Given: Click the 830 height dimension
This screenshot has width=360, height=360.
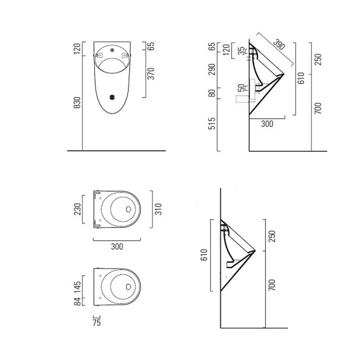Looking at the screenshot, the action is click(78, 103).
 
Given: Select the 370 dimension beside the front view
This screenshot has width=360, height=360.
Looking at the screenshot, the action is click(151, 74).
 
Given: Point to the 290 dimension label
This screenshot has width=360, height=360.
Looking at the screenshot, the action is click(212, 69).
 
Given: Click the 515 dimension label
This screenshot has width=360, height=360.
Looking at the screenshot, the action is click(212, 124).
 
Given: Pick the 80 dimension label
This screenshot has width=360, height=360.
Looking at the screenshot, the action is click(212, 93).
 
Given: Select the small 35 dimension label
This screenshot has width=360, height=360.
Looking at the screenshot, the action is click(241, 51).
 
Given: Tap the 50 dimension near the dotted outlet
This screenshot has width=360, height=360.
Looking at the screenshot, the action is click(241, 88).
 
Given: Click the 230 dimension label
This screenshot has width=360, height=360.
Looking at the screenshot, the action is click(78, 209).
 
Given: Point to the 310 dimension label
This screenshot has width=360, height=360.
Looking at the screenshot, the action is click(158, 209).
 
